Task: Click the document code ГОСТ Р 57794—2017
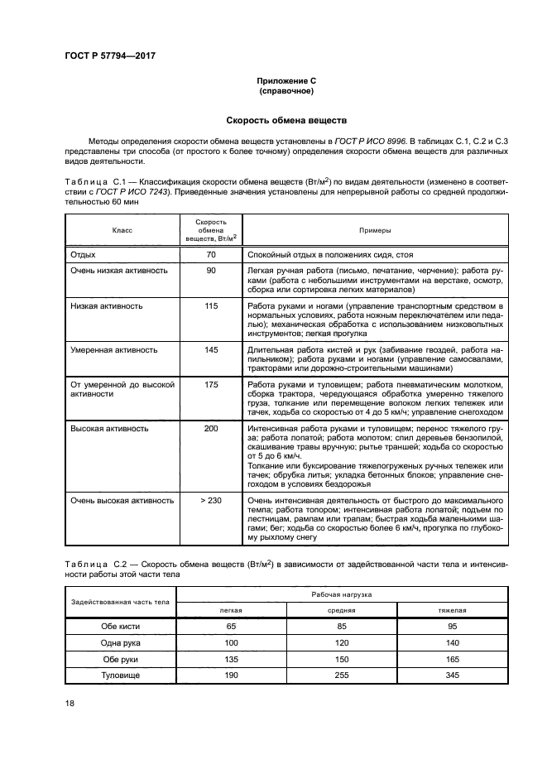[x=109, y=55]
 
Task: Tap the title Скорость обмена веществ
[x=285, y=120]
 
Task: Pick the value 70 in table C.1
[x=211, y=256]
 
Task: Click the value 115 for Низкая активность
[x=211, y=305]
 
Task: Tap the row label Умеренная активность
[x=113, y=349]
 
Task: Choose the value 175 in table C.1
[x=211, y=385]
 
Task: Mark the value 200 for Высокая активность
[x=211, y=429]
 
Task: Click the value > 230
[x=211, y=500]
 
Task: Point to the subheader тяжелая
[x=452, y=610]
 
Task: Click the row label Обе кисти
[x=121, y=627]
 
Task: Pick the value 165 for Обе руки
[x=452, y=660]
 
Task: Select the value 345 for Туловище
[x=452, y=675]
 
